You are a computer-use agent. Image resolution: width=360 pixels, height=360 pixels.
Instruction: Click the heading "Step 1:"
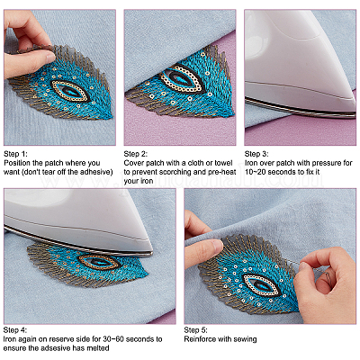coord(15,154)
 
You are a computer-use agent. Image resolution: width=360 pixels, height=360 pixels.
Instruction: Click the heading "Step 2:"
coord(136,154)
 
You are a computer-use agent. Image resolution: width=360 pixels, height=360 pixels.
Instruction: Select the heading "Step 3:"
coord(256,154)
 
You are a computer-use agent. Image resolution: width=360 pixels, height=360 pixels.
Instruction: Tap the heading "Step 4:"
coord(15,330)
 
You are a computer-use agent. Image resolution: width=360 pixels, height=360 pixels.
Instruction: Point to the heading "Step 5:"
coord(195,330)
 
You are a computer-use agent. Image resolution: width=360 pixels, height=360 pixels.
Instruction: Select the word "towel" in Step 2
coord(223,163)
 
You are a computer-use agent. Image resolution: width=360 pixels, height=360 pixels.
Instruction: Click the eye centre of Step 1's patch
coord(69,90)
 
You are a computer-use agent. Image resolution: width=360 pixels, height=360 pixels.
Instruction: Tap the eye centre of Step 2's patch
coord(181,78)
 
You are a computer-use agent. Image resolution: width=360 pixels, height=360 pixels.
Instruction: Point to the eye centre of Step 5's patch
coord(260,283)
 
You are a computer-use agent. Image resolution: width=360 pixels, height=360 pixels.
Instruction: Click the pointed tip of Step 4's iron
coord(152,253)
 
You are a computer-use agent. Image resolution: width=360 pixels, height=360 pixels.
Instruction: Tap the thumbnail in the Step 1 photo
coord(49,57)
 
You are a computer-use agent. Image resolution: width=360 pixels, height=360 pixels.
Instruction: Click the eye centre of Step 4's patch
coord(99,262)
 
